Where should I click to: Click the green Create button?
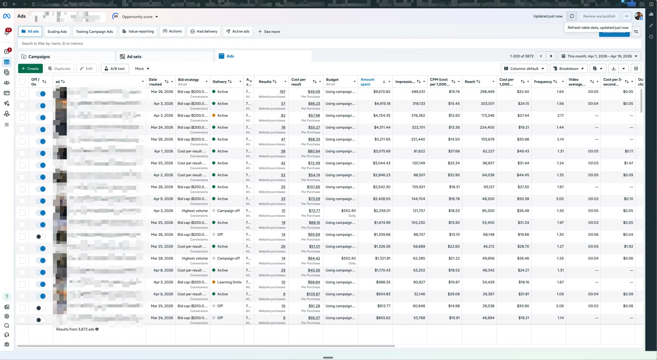tap(30, 69)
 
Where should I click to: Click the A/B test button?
tap(115, 69)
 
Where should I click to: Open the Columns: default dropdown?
tap(524, 69)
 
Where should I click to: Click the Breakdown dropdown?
tap(568, 69)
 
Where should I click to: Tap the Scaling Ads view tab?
tap(57, 31)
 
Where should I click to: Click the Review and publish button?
tap(599, 16)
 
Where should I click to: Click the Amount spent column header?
tap(368, 82)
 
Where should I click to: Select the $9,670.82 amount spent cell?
tap(382, 92)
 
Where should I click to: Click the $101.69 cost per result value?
tap(313, 187)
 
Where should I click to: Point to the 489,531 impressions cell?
tap(418, 92)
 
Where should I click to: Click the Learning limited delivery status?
tap(229, 282)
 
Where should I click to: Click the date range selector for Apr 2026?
tap(599, 56)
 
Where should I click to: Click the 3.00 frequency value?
tap(559, 199)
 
